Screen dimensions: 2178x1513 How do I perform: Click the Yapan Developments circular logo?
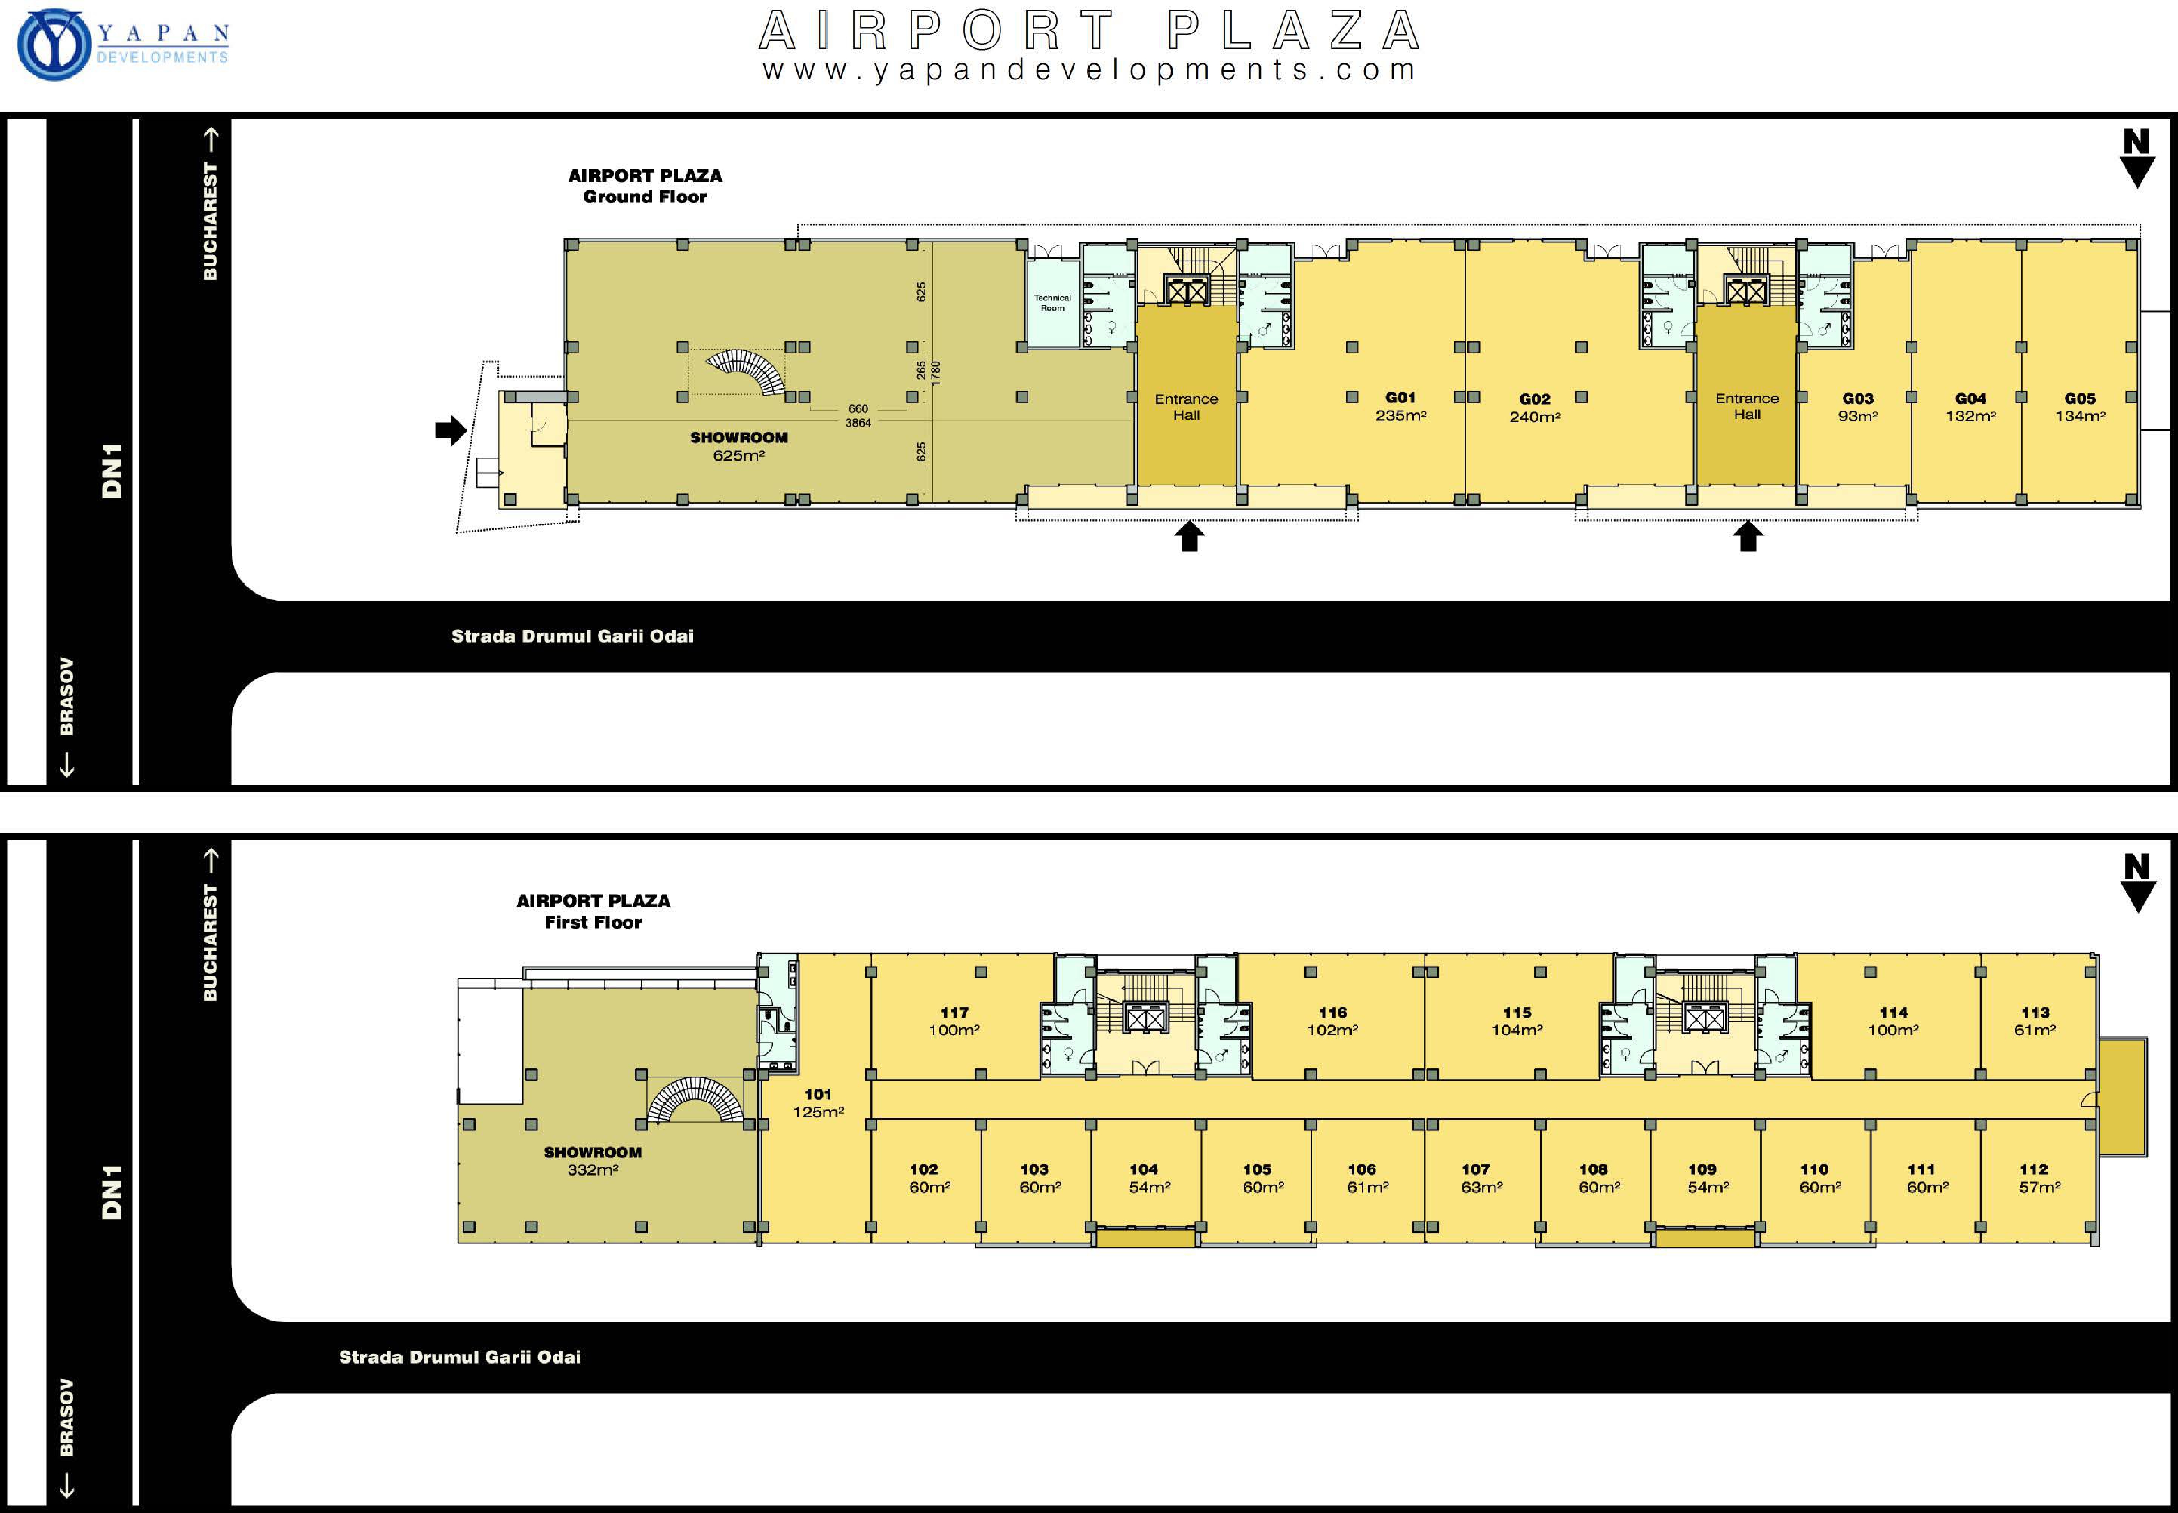[x=54, y=45]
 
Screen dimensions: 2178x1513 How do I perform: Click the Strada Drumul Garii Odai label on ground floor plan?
[x=572, y=636]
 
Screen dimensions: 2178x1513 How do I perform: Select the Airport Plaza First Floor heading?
[x=593, y=911]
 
